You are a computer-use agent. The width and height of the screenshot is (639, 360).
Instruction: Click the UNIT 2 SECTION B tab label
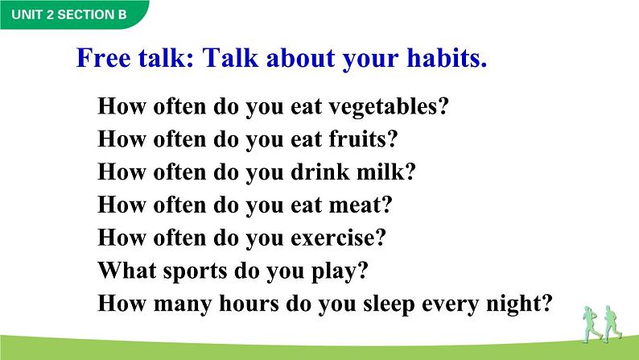click(x=69, y=14)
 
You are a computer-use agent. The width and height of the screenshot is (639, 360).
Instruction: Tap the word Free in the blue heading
click(x=104, y=57)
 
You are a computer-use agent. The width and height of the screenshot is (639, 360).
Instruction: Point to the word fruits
click(x=360, y=139)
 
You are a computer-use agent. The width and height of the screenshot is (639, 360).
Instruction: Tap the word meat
click(x=357, y=205)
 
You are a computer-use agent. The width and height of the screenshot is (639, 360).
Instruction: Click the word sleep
click(x=389, y=304)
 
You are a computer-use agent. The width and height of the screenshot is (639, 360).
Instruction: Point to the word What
click(x=126, y=271)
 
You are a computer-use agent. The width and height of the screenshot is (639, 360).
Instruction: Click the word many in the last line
click(x=183, y=305)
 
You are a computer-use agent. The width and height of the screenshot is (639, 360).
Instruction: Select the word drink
click(x=320, y=172)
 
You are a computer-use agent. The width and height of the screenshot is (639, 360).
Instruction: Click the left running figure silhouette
click(x=591, y=324)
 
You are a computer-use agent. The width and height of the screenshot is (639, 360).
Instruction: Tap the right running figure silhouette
click(x=612, y=324)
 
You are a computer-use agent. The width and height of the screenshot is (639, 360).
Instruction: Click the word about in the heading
click(x=300, y=57)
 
